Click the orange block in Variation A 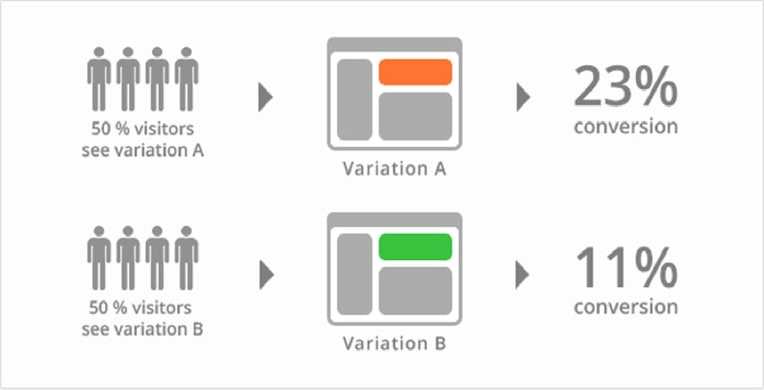[415, 72]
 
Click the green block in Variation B [415, 247]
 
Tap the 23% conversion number [625, 86]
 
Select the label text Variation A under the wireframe [394, 168]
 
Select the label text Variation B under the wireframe [394, 343]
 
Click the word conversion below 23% [625, 127]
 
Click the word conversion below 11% [625, 306]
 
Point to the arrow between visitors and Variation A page [266, 97]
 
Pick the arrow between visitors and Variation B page [266, 274]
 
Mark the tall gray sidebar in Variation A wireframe [354, 99]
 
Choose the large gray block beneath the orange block [415, 116]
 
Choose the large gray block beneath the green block [415, 291]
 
